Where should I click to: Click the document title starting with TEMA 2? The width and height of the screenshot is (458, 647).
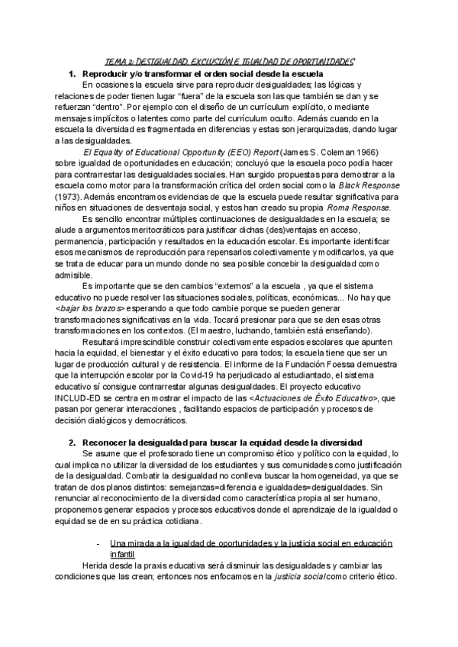229,61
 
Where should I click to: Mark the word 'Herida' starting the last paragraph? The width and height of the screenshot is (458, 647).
95,565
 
